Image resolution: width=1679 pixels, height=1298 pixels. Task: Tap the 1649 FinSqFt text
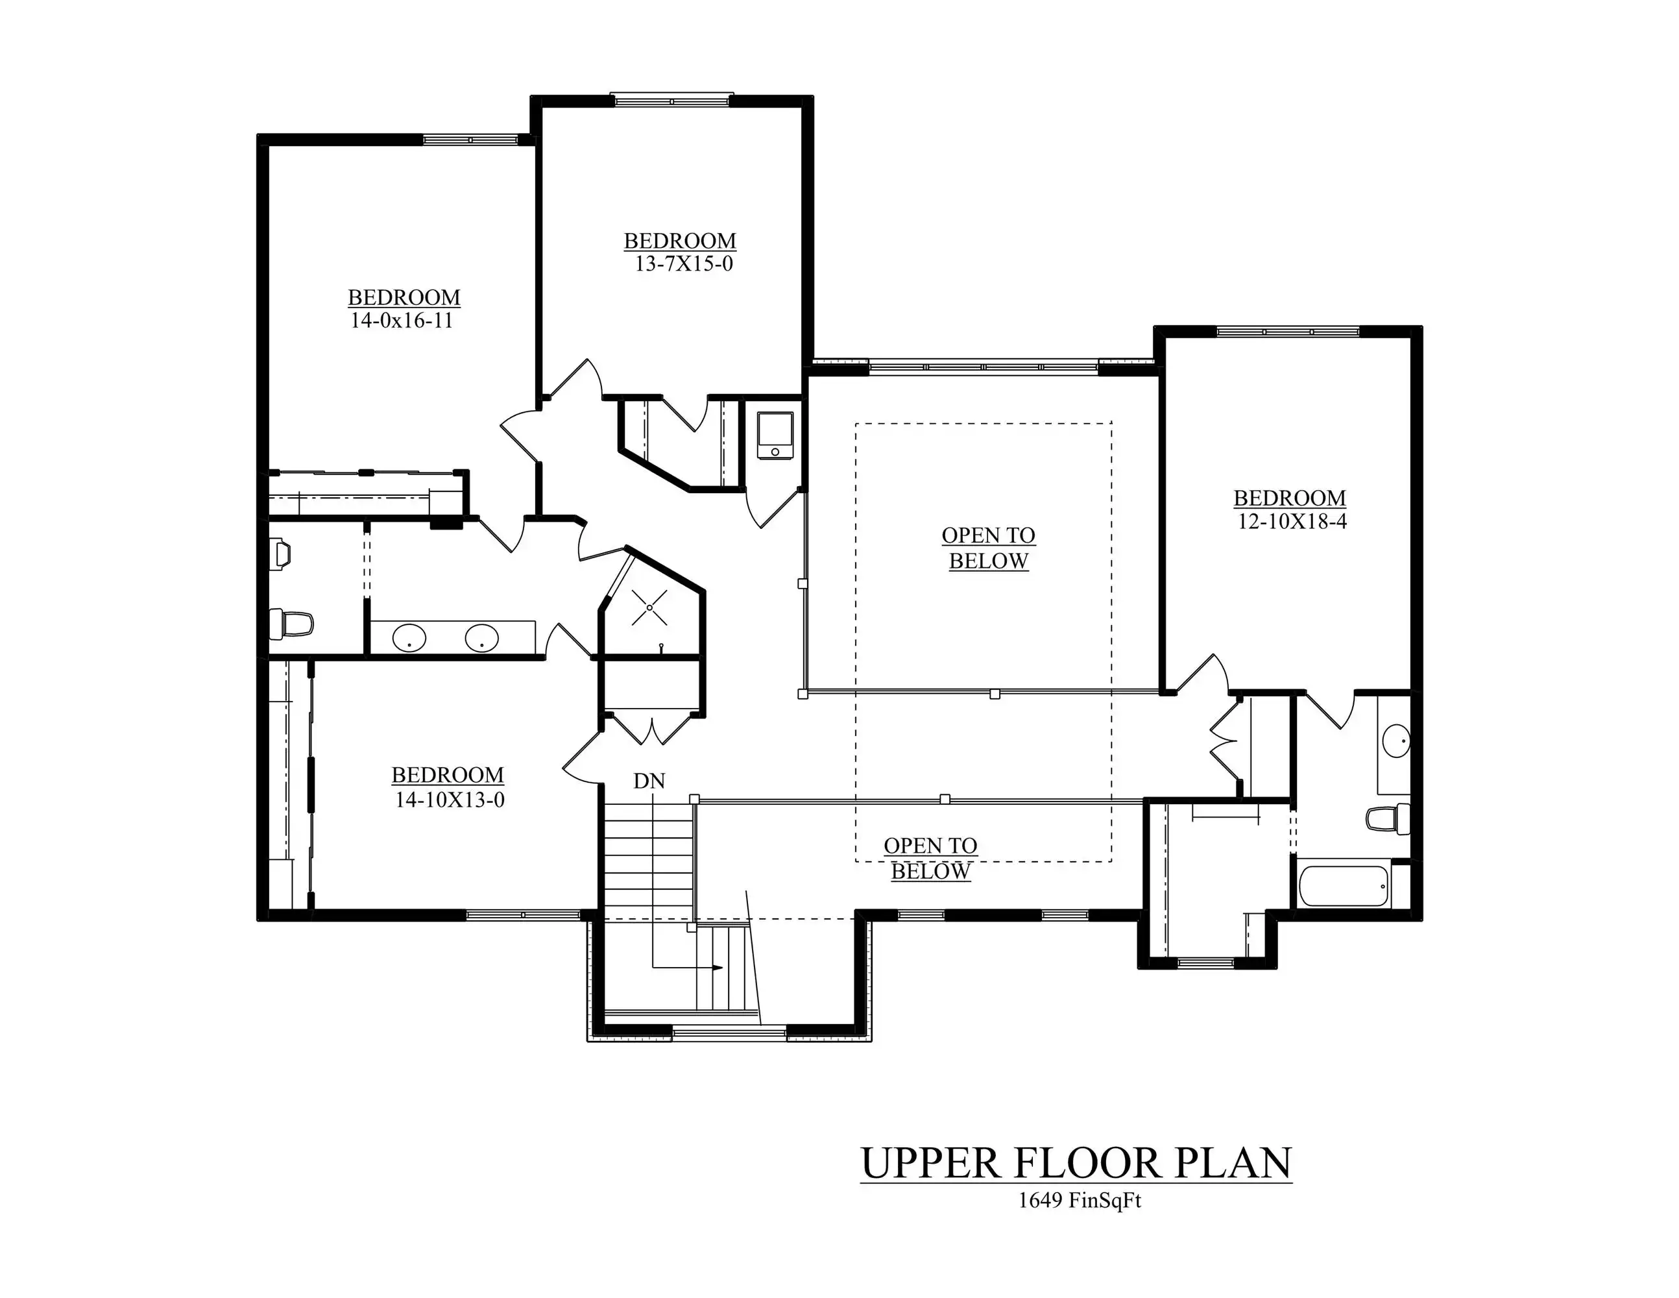click(x=1080, y=1201)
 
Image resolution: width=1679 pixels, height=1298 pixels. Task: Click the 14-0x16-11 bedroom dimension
click(x=402, y=321)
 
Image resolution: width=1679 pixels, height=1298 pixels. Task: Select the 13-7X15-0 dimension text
click(x=683, y=263)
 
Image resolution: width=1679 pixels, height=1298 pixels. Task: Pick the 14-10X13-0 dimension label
click(x=450, y=800)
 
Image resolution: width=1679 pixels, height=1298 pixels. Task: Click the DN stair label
click(x=649, y=781)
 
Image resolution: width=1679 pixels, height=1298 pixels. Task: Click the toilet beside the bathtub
click(x=1388, y=818)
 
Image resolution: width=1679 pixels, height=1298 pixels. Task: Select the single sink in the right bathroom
click(x=1395, y=741)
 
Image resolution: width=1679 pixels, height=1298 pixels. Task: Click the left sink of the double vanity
click(x=409, y=638)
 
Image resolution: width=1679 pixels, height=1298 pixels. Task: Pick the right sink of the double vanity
click(x=481, y=637)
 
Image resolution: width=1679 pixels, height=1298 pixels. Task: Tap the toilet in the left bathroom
click(x=291, y=624)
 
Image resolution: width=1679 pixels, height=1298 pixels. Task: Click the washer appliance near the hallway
click(x=775, y=436)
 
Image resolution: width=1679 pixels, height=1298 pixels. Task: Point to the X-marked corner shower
click(x=649, y=607)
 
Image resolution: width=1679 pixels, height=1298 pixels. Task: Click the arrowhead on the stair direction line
click(x=718, y=968)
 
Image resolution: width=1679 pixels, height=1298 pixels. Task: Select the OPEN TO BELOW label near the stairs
click(x=931, y=859)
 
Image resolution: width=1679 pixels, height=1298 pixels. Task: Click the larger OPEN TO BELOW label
click(x=989, y=548)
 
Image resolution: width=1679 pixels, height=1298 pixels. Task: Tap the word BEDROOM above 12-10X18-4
click(x=1289, y=498)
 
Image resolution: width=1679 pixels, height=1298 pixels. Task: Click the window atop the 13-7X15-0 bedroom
click(x=672, y=100)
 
